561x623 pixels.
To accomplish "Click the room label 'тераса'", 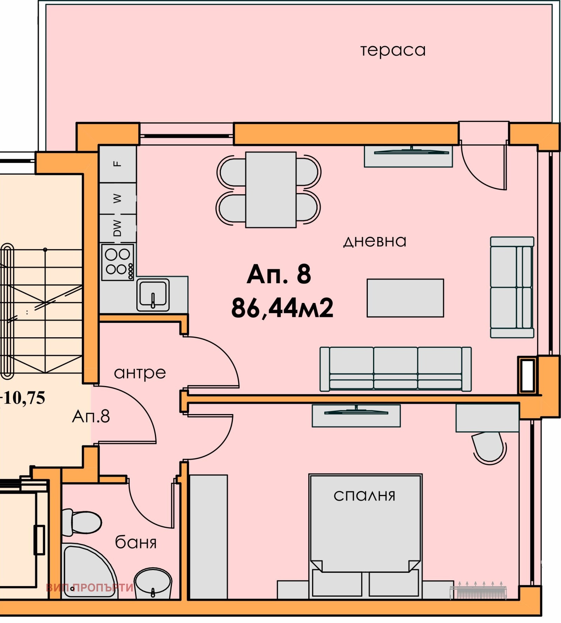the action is [393, 50].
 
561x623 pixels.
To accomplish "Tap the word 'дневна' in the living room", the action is [374, 241].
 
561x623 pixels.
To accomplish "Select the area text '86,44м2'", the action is [282, 308].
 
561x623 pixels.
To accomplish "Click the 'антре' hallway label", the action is [140, 373].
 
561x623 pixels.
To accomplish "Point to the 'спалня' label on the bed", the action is [364, 496].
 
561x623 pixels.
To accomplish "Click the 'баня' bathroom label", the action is [136, 542].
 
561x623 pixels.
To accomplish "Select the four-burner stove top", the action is [117, 262].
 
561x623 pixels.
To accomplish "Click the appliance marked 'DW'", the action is [118, 228].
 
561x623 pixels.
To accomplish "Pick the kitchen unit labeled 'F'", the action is [118, 164].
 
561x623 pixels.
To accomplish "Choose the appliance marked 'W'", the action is [118, 198].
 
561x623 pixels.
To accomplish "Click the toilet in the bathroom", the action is [82, 522].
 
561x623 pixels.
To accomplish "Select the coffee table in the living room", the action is [405, 298].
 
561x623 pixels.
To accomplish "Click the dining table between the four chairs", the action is [271, 190].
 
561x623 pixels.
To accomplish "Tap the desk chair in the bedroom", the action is [489, 448].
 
